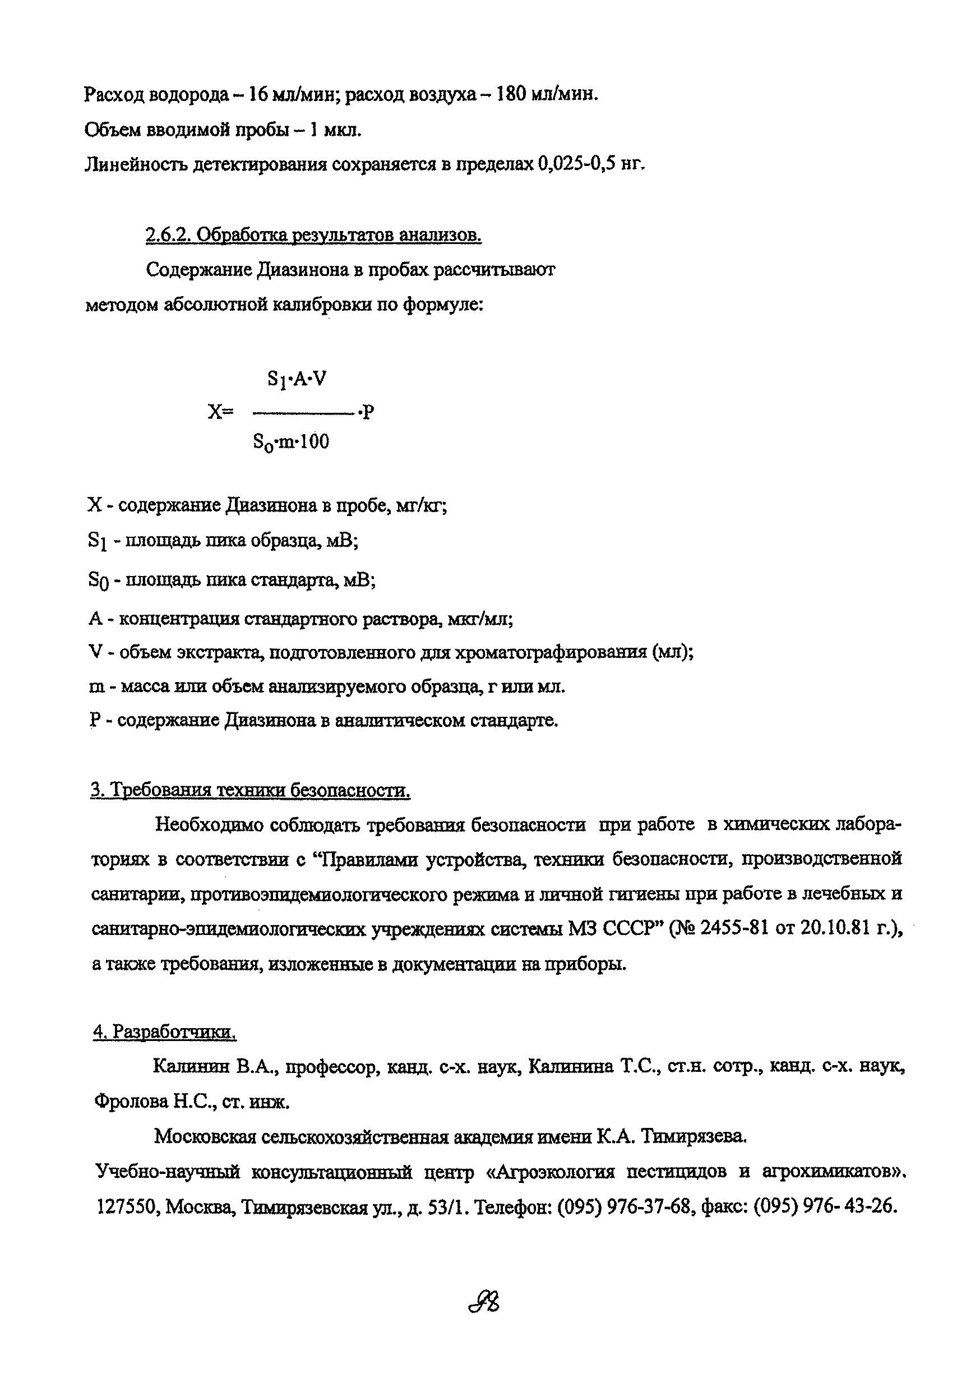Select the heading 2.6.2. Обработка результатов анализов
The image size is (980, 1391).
point(313,234)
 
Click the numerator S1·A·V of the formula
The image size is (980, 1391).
point(296,380)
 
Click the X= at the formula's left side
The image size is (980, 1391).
point(220,412)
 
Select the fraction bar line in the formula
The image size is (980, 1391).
point(303,413)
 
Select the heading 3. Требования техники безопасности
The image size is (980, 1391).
point(250,790)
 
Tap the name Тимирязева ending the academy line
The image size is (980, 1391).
point(694,1136)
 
